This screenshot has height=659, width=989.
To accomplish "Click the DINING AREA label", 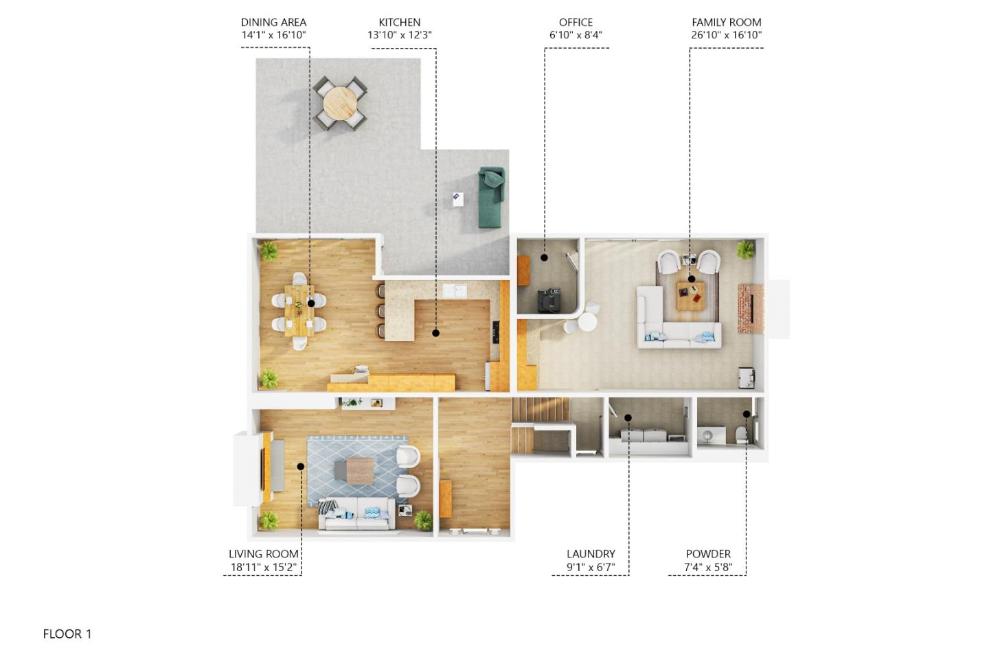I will tap(273, 22).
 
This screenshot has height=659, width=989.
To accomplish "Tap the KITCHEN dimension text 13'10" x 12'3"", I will tap(399, 35).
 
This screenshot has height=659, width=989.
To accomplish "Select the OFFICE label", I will tap(576, 22).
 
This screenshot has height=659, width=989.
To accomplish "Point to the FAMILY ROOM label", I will tap(726, 22).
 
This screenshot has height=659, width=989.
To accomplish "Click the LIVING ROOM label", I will tap(263, 554).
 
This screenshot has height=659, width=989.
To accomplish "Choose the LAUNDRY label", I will tap(591, 554).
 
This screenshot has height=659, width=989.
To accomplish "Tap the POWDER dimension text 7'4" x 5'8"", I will tap(708, 568).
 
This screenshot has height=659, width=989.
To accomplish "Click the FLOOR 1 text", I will tap(67, 634).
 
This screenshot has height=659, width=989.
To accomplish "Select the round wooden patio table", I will tap(340, 104).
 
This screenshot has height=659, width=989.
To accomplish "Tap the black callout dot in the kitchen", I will tap(435, 333).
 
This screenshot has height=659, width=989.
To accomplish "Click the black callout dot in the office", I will tap(544, 257).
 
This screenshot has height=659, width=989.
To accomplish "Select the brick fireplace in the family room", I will tap(750, 308).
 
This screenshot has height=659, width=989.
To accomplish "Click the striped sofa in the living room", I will tap(356, 514).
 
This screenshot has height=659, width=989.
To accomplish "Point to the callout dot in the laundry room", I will tap(628, 417).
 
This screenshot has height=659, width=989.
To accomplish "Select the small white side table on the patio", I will tap(457, 199).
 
